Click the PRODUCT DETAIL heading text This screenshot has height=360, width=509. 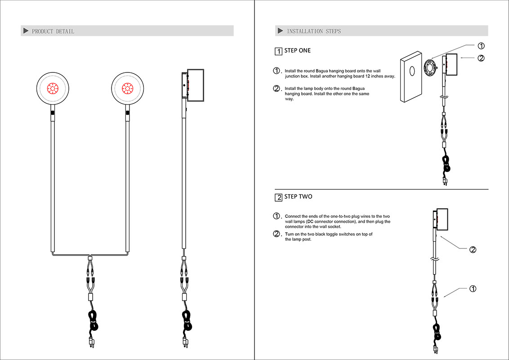click(x=53, y=31)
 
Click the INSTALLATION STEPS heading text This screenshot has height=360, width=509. click(x=314, y=31)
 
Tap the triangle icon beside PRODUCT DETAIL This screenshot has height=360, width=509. click(x=26, y=31)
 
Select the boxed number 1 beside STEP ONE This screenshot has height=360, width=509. click(x=278, y=51)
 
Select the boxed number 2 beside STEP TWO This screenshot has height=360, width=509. click(x=278, y=198)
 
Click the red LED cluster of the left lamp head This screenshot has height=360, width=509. click(x=53, y=88)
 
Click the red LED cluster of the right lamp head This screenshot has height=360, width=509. click(x=128, y=88)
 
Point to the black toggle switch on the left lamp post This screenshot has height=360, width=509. click(x=53, y=112)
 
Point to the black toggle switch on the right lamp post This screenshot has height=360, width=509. click(x=128, y=112)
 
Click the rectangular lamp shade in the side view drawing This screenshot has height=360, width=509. click(x=196, y=85)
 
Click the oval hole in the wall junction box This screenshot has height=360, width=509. click(x=412, y=71)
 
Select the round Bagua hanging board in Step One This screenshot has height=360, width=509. click(x=431, y=68)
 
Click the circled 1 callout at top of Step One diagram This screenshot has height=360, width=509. click(x=481, y=46)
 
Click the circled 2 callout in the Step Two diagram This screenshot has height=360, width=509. click(x=473, y=250)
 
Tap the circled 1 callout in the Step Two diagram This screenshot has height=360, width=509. click(x=473, y=288)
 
